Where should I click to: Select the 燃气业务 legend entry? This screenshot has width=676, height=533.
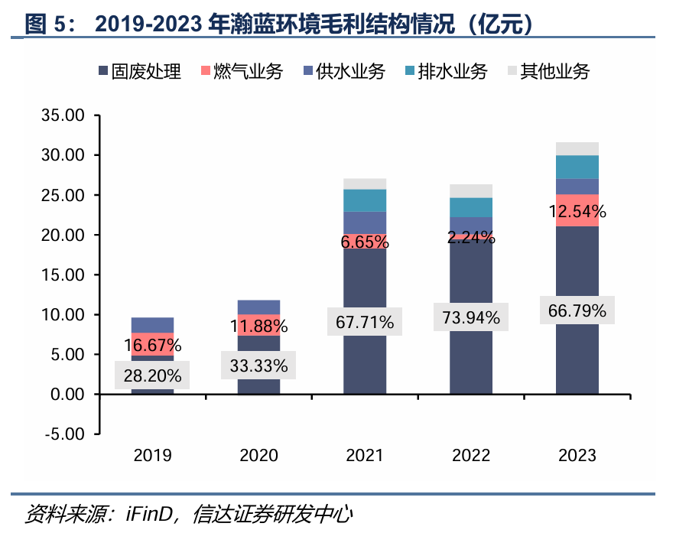click(x=242, y=72)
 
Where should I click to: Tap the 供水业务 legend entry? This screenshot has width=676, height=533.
click(x=343, y=72)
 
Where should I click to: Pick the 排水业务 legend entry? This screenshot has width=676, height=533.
click(x=446, y=72)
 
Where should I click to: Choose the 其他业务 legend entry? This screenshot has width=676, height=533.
click(x=548, y=72)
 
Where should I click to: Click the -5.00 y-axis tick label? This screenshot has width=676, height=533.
click(x=66, y=434)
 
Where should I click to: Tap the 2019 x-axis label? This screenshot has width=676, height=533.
click(x=153, y=457)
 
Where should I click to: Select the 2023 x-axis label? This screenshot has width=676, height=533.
click(x=577, y=457)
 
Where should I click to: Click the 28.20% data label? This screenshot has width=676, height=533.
click(x=153, y=375)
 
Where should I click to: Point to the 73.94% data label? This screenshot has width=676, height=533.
click(x=471, y=317)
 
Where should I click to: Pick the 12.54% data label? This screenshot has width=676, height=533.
click(x=577, y=211)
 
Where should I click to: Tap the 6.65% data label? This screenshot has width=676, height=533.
click(x=365, y=242)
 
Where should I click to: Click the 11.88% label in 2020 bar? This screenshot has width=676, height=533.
click(x=259, y=327)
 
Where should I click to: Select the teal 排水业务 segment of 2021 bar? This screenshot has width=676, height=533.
click(x=365, y=200)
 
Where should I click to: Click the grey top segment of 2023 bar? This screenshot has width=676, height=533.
click(x=577, y=148)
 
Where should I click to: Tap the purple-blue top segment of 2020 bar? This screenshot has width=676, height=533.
click(x=259, y=307)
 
